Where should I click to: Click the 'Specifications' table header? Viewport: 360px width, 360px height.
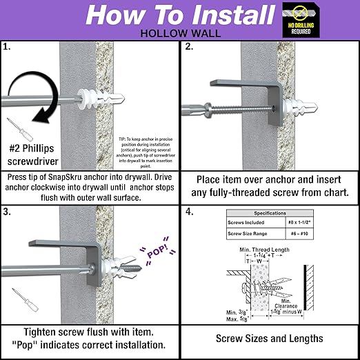point(268,214)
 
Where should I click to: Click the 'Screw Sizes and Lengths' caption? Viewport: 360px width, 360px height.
point(269,339)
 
